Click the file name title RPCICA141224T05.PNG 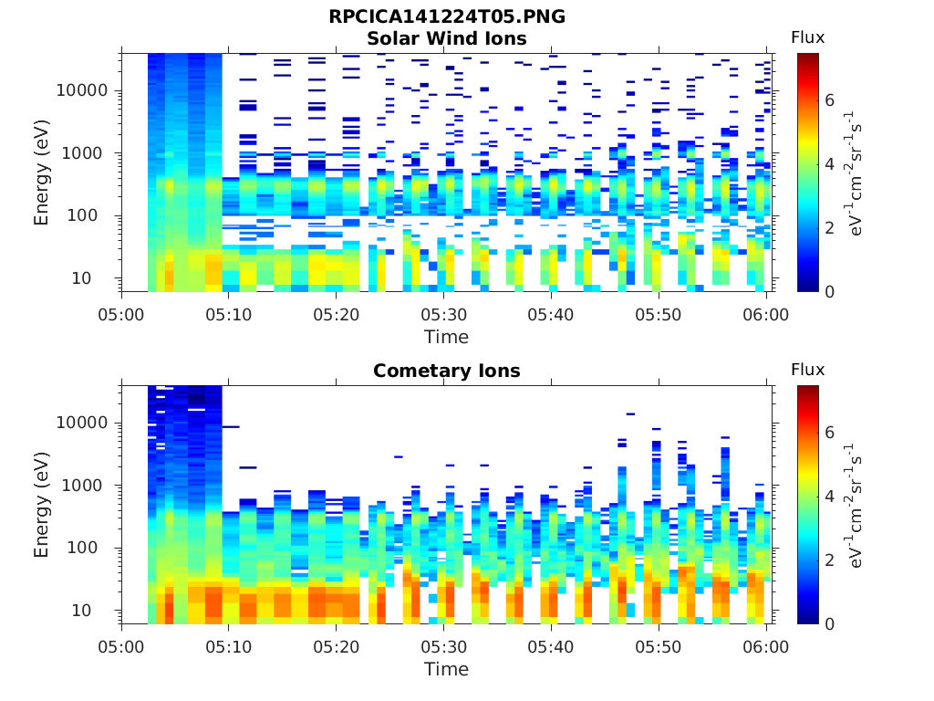(447, 16)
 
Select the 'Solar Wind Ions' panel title (447, 38)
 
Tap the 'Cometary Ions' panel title (447, 371)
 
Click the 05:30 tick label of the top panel (444, 315)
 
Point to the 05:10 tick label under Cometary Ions (229, 647)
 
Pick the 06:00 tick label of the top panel (765, 315)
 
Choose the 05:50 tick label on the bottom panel (659, 647)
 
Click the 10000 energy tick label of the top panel (82, 90)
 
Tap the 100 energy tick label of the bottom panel (82, 548)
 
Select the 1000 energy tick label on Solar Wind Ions (82, 153)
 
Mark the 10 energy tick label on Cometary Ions (81, 610)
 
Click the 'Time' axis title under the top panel (447, 337)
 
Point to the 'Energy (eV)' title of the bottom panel (40, 505)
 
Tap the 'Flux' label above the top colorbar (808, 37)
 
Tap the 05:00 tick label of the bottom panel (121, 647)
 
